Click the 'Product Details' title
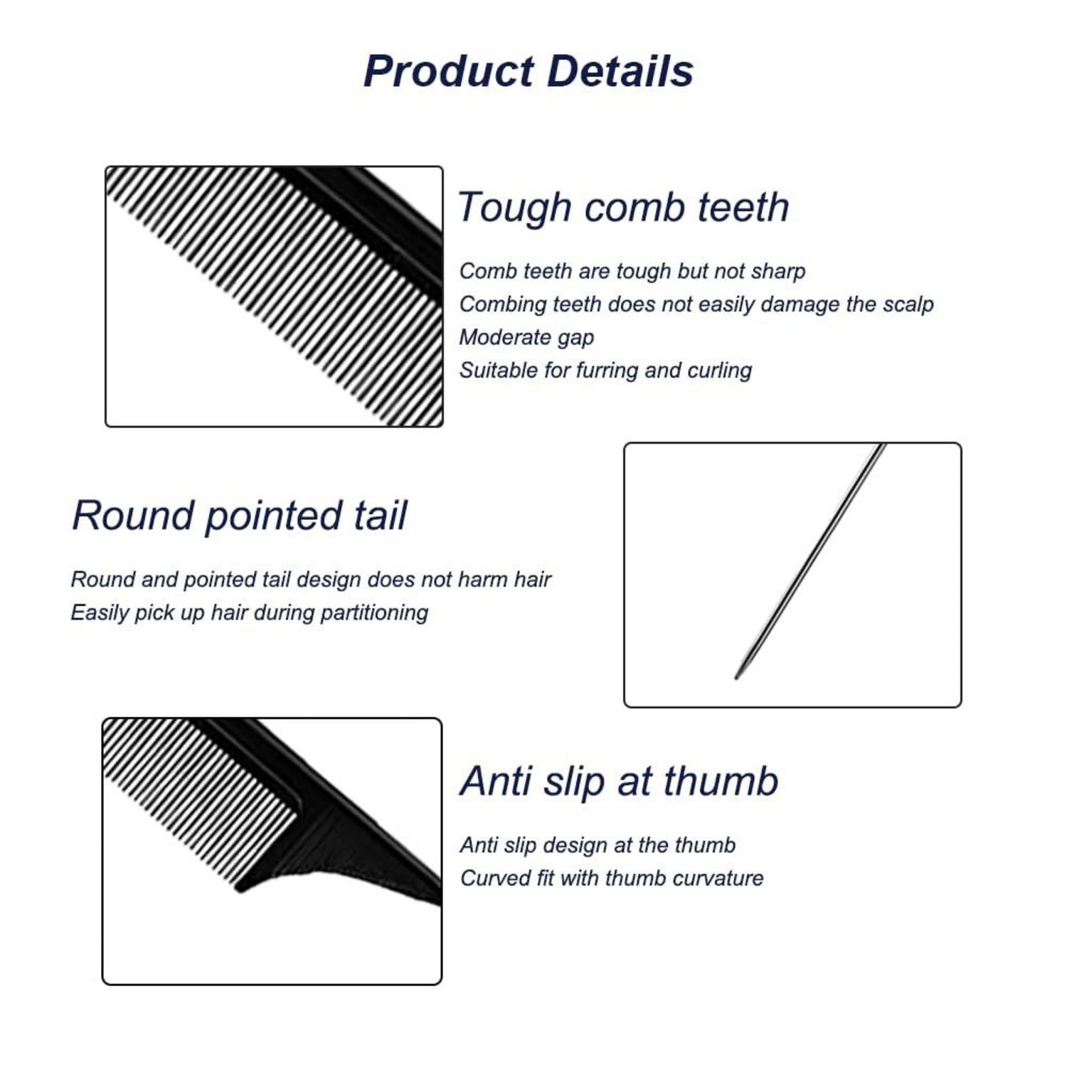tap(529, 71)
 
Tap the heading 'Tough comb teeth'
tap(623, 207)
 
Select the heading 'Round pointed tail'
tap(240, 516)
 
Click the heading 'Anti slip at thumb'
tap(619, 781)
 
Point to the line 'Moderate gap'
tap(526, 337)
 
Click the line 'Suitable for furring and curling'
tap(605, 370)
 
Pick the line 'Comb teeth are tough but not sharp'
tap(632, 271)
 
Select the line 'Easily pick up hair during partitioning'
tap(249, 612)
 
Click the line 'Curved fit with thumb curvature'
tap(611, 878)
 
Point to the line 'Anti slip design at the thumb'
tap(598, 845)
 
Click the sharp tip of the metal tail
tap(736, 678)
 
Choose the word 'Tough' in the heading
tap(514, 208)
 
